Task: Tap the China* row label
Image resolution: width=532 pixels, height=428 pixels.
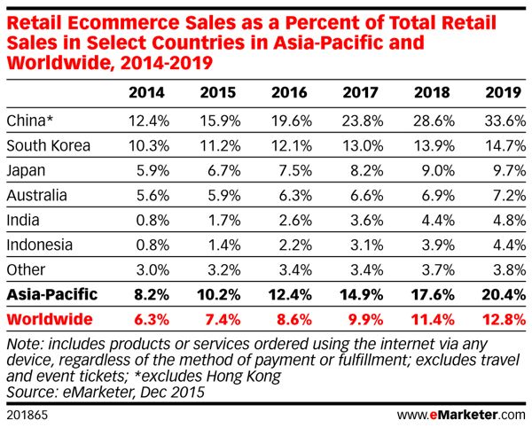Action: pos(28,119)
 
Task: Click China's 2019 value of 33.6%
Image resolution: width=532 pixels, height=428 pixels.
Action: pos(501,119)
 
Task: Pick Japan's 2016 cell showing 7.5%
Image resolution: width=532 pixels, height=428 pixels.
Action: pos(289,168)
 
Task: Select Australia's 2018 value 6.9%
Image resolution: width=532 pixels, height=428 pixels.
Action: pos(432,193)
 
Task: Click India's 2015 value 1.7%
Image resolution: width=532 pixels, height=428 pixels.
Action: pos(219,218)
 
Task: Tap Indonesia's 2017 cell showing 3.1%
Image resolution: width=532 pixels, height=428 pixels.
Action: pos(361,243)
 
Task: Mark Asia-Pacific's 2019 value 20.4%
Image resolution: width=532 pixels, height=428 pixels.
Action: pos(501,293)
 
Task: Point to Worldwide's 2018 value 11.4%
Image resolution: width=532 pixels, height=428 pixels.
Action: pos(430,318)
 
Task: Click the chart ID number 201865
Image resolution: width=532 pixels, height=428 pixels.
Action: pos(27,414)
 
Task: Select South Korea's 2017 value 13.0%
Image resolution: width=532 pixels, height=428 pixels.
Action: pos(359,144)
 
